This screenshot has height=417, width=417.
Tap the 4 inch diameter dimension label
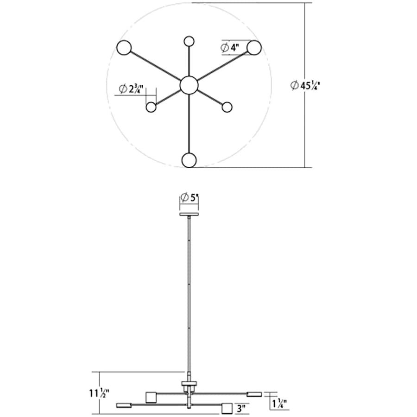click(x=230, y=48)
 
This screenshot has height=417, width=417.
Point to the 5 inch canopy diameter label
click(x=190, y=198)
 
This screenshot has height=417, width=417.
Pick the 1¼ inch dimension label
click(x=280, y=404)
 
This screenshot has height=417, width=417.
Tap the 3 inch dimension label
click(x=241, y=408)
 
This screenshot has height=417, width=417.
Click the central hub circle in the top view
click(x=189, y=85)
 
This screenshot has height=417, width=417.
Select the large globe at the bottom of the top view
click(x=189, y=160)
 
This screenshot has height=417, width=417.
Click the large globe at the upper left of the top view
click(x=124, y=48)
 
